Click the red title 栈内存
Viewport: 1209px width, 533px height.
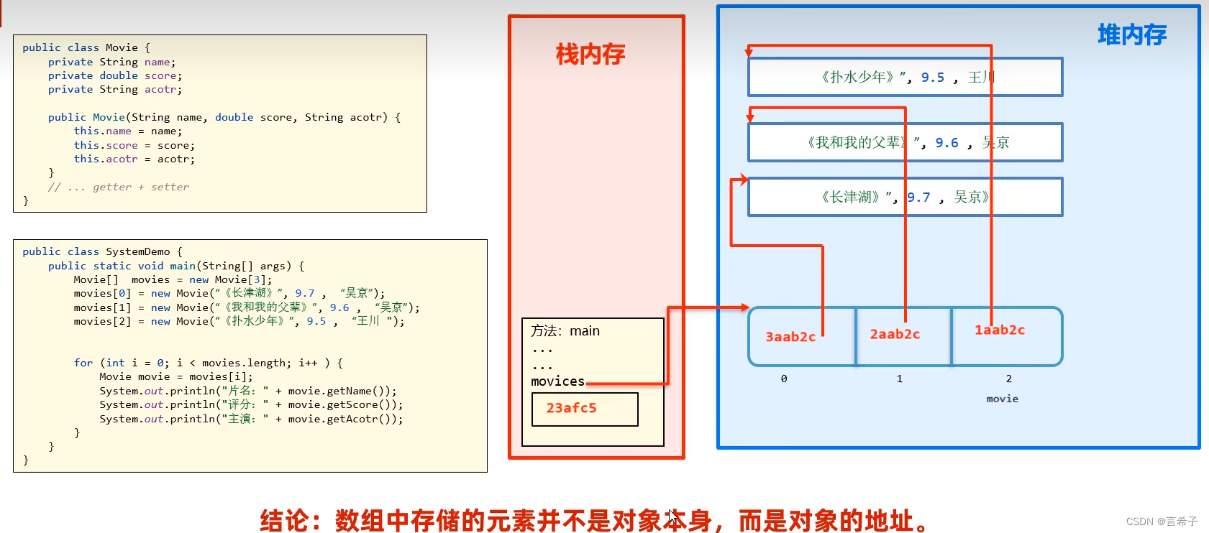[590, 55]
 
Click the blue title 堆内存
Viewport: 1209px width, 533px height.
[1131, 34]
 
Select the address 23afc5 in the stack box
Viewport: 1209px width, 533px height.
[571, 408]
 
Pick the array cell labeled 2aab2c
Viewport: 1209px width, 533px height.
[895, 335]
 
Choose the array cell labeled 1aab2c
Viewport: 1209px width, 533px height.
[1000, 330]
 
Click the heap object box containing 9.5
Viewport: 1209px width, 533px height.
[905, 77]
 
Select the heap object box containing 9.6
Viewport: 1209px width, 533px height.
[905, 142]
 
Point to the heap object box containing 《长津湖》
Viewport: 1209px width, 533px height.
[905, 197]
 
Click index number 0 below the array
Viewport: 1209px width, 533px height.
[784, 379]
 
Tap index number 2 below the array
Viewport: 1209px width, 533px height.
[1008, 379]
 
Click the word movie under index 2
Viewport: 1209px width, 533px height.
[1002, 399]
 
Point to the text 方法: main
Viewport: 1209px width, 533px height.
[565, 331]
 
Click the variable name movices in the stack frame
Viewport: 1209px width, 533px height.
[557, 381]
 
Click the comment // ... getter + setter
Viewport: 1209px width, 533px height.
[119, 187]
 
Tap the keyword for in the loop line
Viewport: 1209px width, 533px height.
[83, 363]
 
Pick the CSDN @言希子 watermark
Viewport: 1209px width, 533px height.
[1161, 522]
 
